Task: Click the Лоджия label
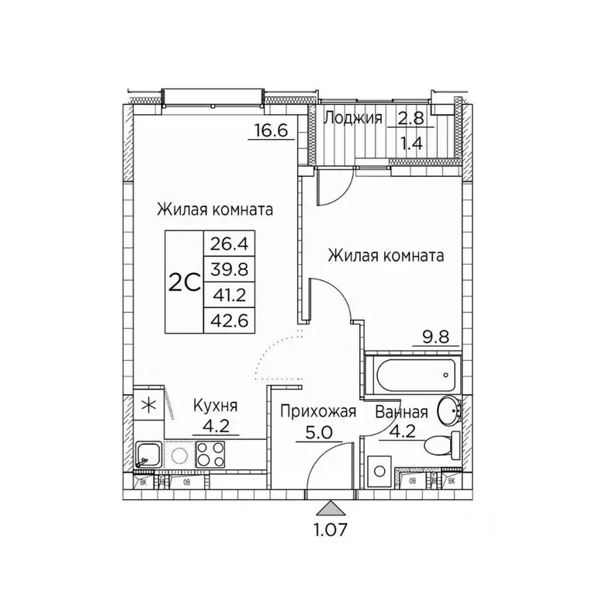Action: click(353, 118)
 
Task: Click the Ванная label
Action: click(402, 411)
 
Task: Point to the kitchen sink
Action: click(148, 454)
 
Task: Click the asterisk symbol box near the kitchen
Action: click(147, 405)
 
